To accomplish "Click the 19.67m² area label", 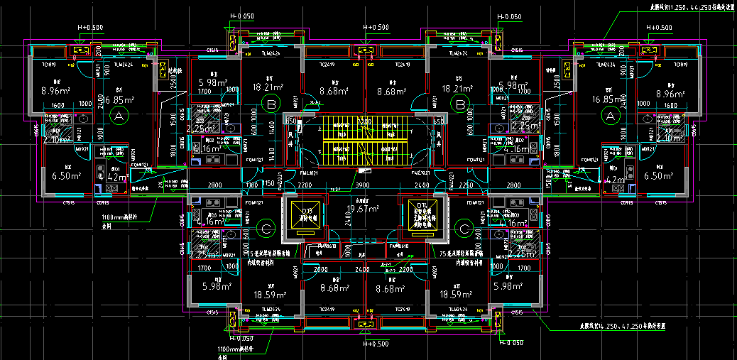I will [362, 209].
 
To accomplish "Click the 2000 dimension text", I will [320, 271].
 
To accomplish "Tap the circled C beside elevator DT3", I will [266, 229].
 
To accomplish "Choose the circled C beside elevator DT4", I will [464, 229].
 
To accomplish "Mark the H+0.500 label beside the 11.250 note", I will [659, 28].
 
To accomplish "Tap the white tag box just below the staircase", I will [364, 171].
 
